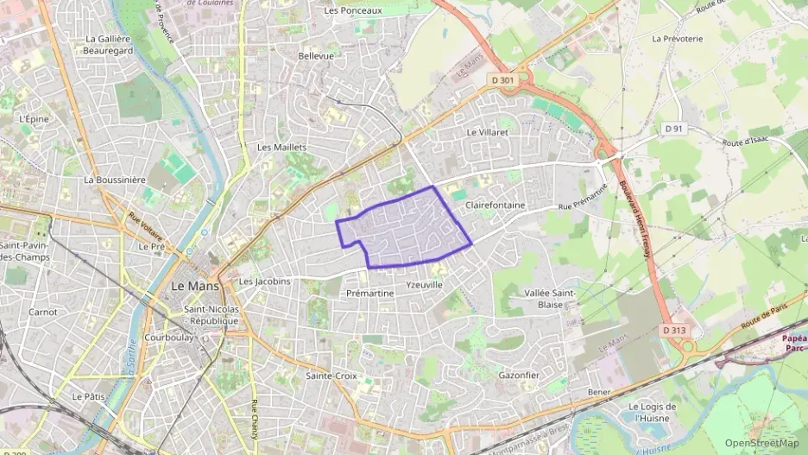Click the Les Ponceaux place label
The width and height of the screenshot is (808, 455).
coord(352,10)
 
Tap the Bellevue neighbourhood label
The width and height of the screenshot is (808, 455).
coord(315,55)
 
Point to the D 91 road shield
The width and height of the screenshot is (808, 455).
coord(674,129)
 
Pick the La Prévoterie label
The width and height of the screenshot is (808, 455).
coord(679,39)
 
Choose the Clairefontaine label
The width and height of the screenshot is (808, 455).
coord(495,205)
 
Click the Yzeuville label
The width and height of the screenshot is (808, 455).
coord(424,284)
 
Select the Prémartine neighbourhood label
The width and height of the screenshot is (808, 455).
coord(369,294)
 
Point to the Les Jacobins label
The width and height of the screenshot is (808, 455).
coord(264,281)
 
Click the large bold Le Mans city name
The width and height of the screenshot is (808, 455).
coord(194,285)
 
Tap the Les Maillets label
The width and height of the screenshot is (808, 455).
coord(281,147)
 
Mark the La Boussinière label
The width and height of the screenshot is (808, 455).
coord(115,180)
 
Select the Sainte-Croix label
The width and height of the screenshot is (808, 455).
coord(331,376)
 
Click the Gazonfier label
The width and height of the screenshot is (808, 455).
coord(519,376)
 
